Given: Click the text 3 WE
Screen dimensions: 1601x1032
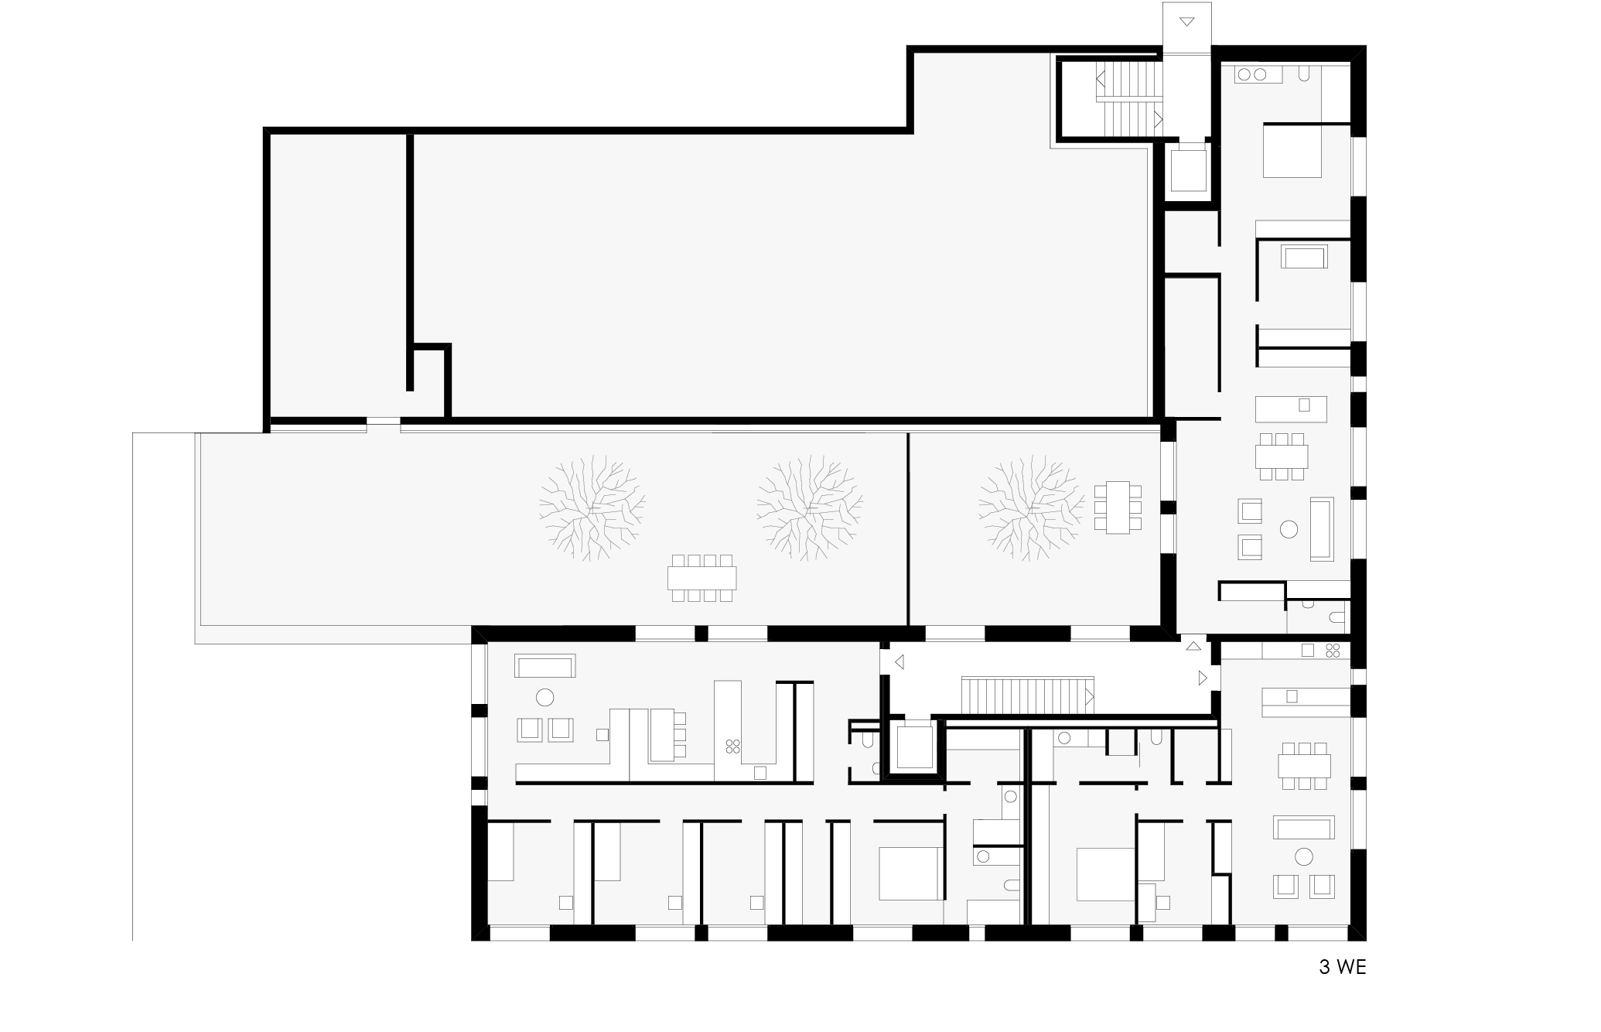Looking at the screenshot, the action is (1342, 967).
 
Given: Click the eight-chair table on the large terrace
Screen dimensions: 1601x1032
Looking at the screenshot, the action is (702, 578).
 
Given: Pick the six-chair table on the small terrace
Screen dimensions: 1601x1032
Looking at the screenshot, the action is (1118, 507).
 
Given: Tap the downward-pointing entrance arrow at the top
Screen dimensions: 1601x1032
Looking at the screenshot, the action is (1186, 21).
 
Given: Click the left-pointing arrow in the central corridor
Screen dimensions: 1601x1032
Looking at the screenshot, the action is (899, 662).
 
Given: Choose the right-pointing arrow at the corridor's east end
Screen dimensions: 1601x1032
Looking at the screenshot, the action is (1203, 678).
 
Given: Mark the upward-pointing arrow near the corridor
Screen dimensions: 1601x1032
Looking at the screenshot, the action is (1194, 645).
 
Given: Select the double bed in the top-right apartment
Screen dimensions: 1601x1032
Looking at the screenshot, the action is (1292, 150).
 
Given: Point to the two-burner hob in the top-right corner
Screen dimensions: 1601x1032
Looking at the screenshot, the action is (1254, 74).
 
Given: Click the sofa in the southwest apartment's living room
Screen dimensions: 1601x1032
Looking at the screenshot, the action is (545, 666).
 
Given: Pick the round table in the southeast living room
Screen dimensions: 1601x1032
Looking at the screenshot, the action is (1304, 856).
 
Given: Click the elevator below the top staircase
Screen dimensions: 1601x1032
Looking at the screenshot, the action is (1187, 171).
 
